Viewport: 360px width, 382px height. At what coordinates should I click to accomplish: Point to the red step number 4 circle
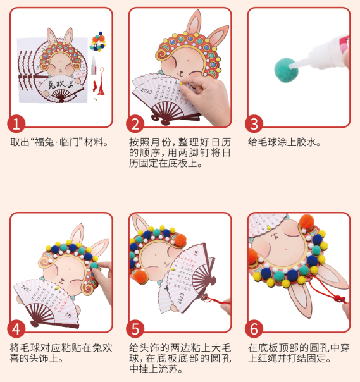pos(18,328)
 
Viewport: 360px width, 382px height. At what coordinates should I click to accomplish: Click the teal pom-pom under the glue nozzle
pos(285,65)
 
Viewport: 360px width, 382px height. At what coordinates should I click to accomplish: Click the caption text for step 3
pos(285,142)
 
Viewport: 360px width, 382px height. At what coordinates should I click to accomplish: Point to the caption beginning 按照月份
pos(170,152)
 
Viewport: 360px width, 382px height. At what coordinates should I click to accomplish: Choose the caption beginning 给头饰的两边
pos(170,358)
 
